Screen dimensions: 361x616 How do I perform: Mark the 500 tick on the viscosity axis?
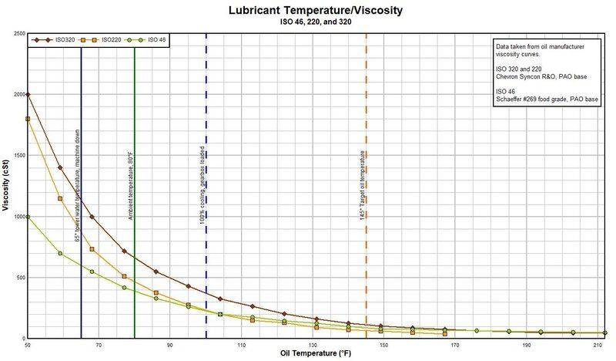(x=18, y=278)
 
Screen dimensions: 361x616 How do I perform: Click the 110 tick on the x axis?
(x=242, y=345)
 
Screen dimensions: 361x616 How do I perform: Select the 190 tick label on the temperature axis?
(x=527, y=345)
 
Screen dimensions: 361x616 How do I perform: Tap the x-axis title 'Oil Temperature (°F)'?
(x=316, y=354)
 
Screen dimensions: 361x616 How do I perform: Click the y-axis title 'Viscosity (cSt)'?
(x=5, y=185)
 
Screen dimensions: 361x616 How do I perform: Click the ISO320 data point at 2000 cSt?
(x=28, y=94)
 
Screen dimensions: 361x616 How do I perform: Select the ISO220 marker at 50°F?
(x=28, y=119)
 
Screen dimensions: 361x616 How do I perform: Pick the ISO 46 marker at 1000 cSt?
(x=28, y=217)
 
